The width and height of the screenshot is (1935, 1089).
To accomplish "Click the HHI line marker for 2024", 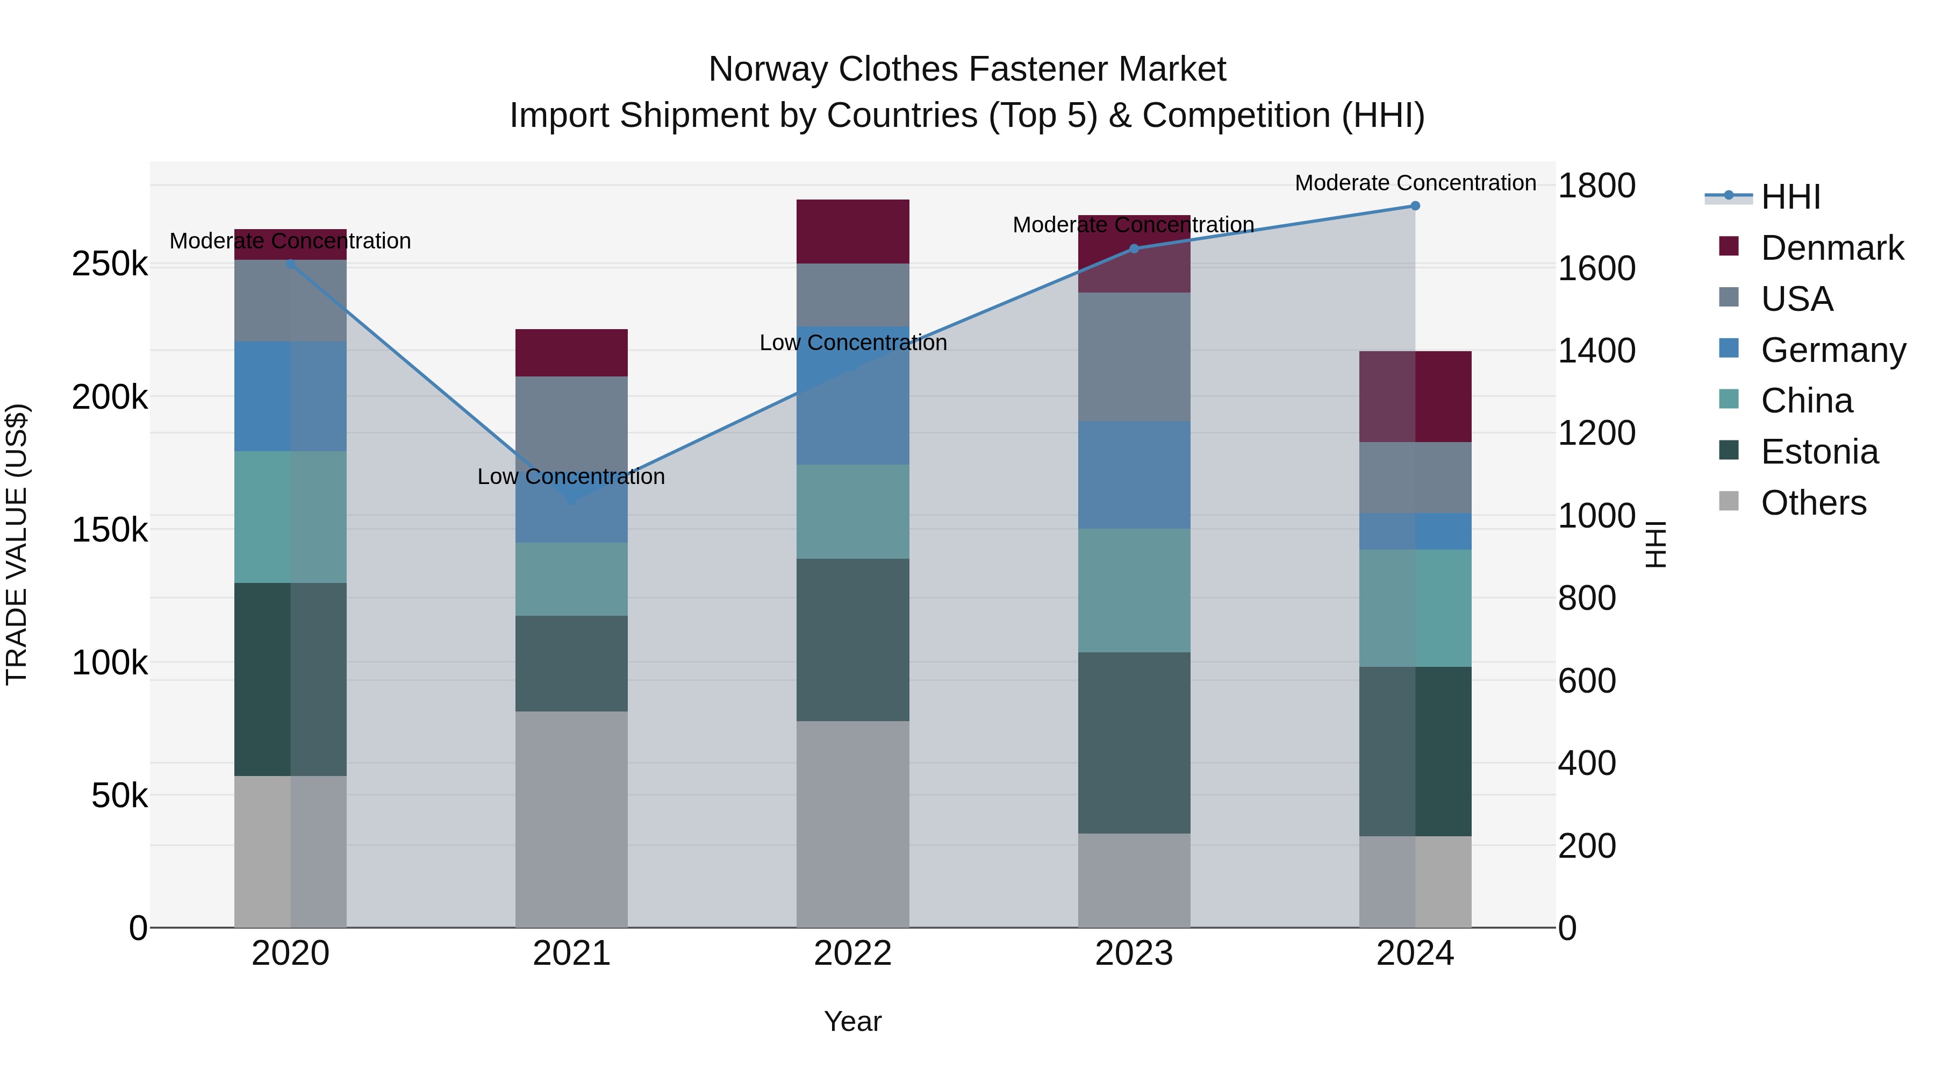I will pos(1415,206).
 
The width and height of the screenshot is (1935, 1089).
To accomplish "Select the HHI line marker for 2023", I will pos(1134,249).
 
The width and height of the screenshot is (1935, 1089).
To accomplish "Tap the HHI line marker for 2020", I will pos(291,264).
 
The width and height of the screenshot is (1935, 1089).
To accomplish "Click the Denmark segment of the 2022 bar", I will pos(852,231).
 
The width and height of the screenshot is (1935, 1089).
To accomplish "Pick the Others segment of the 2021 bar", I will pos(571,819).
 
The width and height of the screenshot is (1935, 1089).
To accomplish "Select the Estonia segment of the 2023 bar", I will pos(1134,743).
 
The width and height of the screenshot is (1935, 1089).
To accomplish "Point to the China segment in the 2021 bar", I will pos(571,579).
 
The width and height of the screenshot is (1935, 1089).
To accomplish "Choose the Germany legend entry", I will pos(1833,350).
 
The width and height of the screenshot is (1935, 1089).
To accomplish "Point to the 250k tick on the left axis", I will pos(110,265).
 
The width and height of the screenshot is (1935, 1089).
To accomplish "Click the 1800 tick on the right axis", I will pos(1596,186).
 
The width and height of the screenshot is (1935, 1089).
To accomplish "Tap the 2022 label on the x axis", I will pos(852,953).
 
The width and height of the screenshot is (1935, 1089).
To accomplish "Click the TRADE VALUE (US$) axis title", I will pos(17,544).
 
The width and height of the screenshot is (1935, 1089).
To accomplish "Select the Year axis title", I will pos(852,1021).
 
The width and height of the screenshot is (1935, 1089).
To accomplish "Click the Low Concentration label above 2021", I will pos(571,476).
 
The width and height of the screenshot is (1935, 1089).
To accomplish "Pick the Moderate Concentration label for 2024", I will pos(1415,183).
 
